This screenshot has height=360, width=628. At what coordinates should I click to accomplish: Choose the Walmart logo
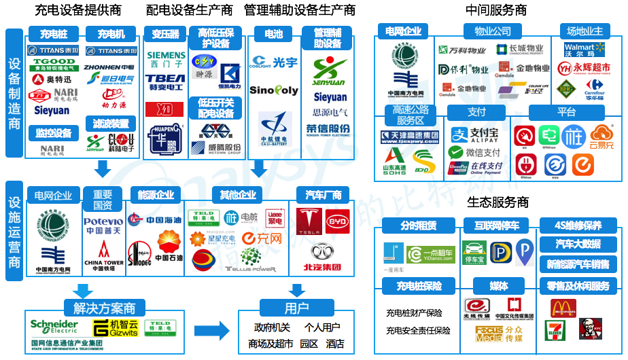pyautogui.click(x=580, y=50)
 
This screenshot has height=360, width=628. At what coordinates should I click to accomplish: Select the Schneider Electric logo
pyautogui.click(x=54, y=327)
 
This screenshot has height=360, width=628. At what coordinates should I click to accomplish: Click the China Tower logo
pyautogui.click(x=103, y=253)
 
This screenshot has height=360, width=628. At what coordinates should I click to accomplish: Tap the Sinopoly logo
pyautogui.click(x=273, y=90)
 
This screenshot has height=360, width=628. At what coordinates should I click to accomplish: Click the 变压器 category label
pyautogui.click(x=165, y=34)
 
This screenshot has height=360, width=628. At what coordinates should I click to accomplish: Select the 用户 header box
pyautogui.click(x=296, y=308)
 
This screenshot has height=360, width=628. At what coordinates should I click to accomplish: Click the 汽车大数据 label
pyautogui.click(x=578, y=245)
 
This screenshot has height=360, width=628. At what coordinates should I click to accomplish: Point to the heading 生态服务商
pyautogui.click(x=498, y=202)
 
